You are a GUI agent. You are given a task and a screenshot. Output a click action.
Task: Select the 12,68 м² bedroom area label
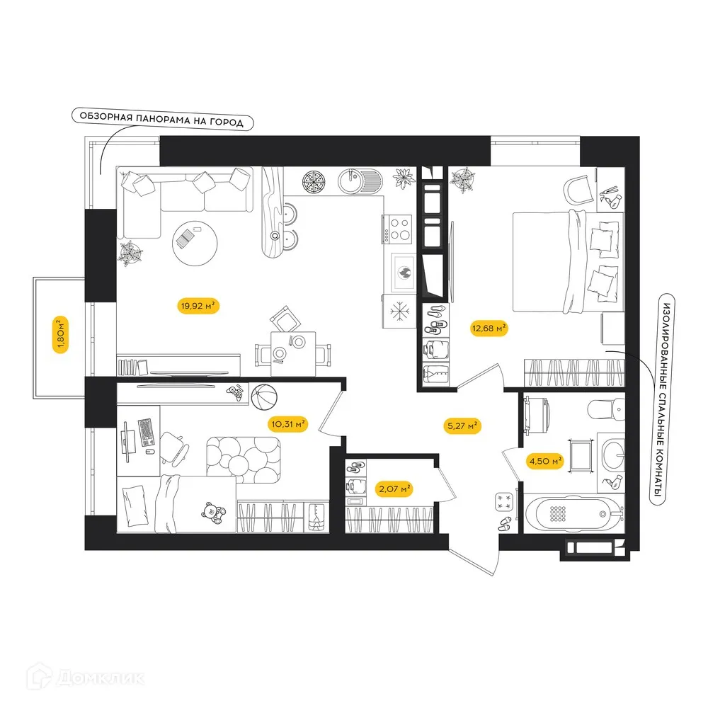(x=489, y=327)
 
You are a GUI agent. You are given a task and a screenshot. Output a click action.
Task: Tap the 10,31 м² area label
(x=287, y=424)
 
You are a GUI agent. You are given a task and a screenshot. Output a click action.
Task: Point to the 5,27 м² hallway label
(x=462, y=426)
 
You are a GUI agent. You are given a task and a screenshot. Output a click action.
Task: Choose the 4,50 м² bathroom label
(x=544, y=462)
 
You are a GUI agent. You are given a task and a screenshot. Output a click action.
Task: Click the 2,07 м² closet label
(x=394, y=489)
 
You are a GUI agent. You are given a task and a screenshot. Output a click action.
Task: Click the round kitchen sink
(x=350, y=182)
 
